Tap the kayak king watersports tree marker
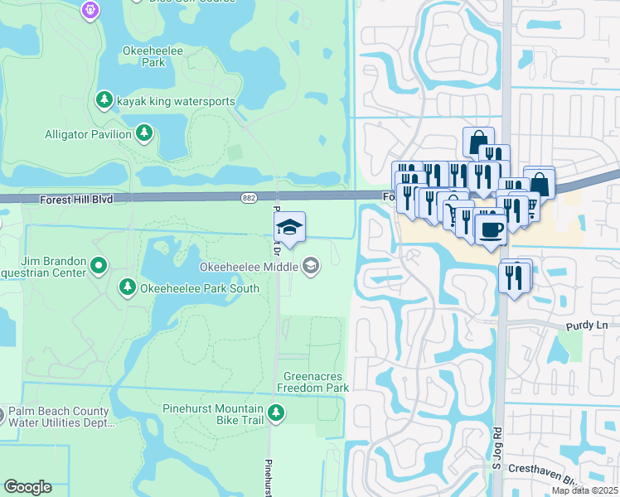104,100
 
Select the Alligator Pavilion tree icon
144,133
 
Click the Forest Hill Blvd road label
75,200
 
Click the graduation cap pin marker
290,226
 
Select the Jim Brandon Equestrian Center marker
99,266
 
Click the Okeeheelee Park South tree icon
127,287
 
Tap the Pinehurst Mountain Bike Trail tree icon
275,412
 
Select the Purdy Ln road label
587,326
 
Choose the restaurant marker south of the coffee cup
516,276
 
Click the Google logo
28,487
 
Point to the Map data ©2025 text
584,490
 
